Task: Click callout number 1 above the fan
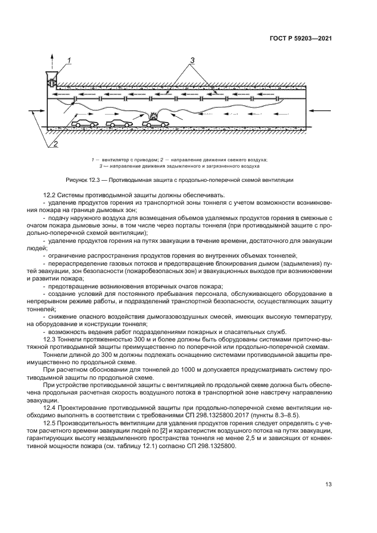[69, 60]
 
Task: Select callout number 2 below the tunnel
[55, 144]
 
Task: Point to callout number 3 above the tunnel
[192, 60]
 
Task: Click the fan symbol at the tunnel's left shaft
[50, 78]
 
